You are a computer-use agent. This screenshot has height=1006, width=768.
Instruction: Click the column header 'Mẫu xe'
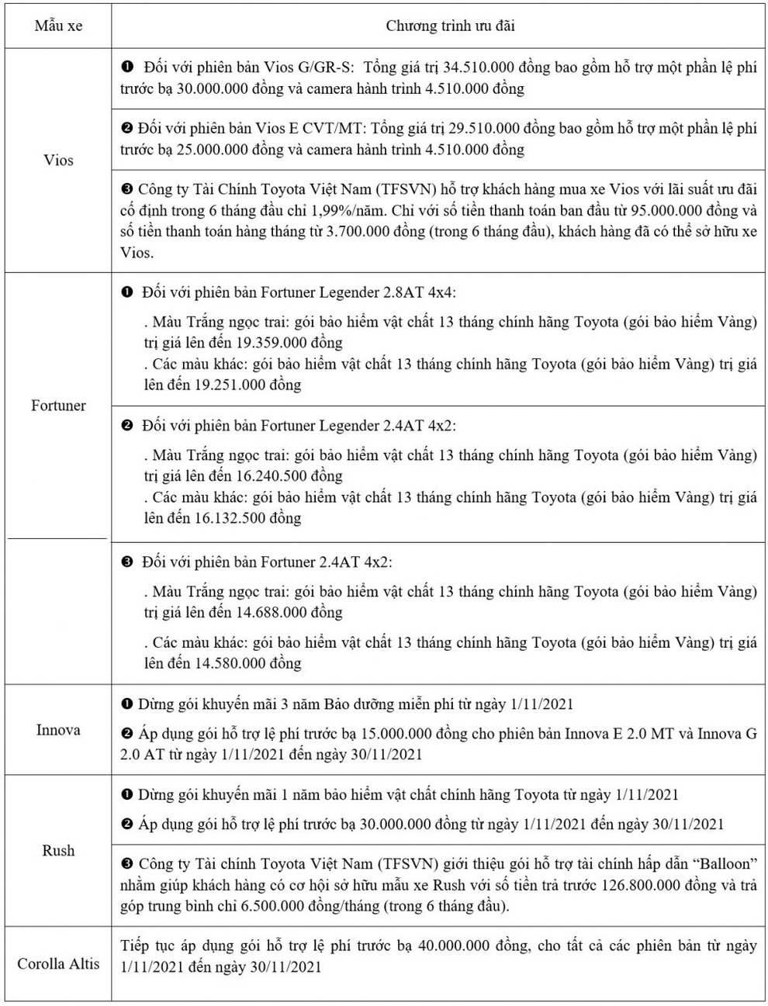pos(58,26)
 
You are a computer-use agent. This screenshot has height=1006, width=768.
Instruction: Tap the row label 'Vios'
pos(58,161)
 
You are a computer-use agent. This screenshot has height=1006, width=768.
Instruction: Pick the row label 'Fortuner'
pos(58,406)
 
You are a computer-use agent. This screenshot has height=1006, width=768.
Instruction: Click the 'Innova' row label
pos(58,730)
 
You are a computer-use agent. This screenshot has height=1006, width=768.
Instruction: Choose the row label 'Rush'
pos(58,851)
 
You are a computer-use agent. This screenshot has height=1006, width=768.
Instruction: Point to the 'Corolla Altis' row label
pos(58,964)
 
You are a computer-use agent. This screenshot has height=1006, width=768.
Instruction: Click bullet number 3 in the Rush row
pos(128,864)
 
